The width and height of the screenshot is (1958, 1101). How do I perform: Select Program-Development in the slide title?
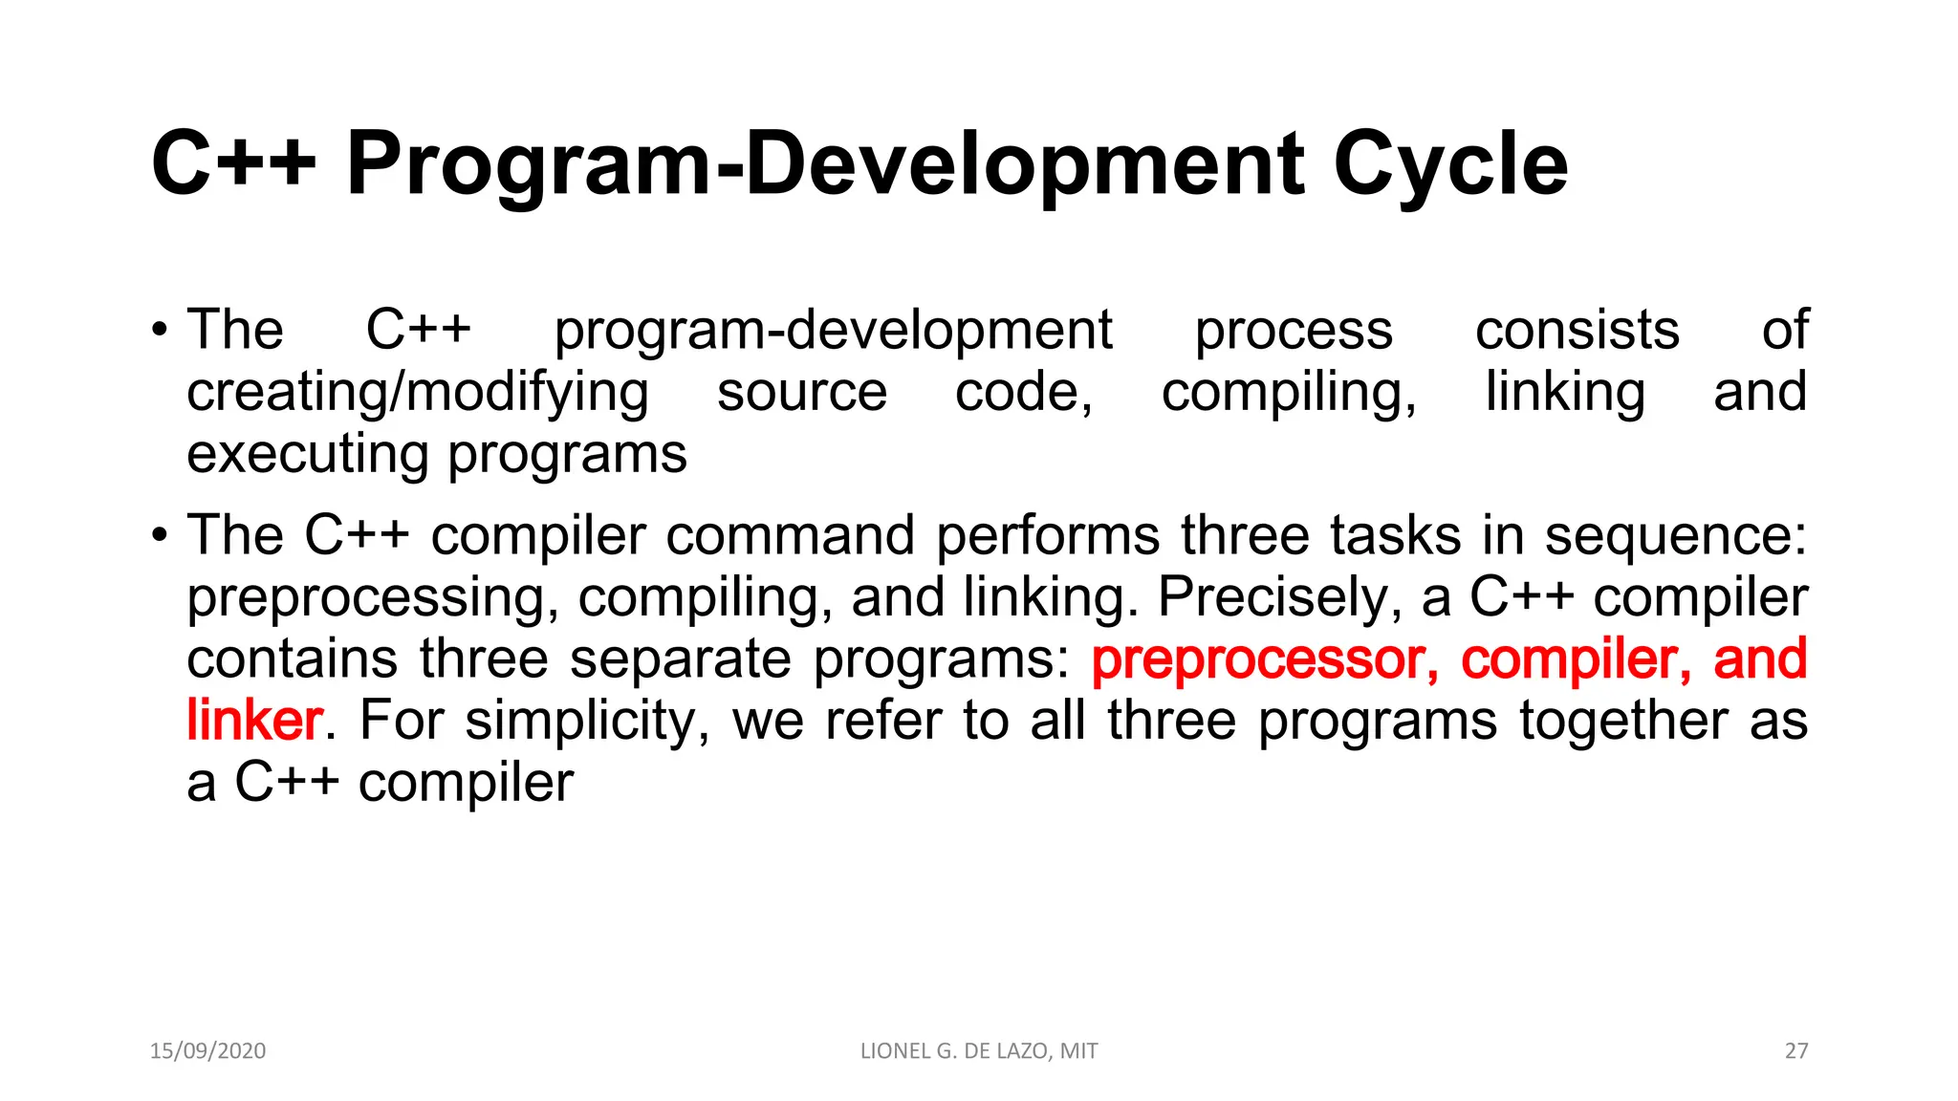tap(824, 164)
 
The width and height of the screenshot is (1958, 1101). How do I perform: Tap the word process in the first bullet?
tap(1294, 331)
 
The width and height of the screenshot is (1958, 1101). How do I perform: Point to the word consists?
tap(1577, 331)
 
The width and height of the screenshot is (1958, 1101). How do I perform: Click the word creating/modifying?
tap(418, 393)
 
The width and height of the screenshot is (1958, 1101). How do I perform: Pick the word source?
tap(802, 393)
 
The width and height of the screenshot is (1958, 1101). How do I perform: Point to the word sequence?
tap(1676, 535)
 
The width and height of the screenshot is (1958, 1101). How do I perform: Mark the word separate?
tap(682, 659)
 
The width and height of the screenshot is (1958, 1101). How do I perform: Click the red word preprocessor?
tap(1265, 659)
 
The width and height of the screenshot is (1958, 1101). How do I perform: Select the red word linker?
tap(254, 721)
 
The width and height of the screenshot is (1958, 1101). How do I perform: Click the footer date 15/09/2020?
tap(207, 1051)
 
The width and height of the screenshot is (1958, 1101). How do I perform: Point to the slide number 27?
tap(1796, 1051)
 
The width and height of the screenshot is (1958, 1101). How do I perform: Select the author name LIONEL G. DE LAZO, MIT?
tap(979, 1051)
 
